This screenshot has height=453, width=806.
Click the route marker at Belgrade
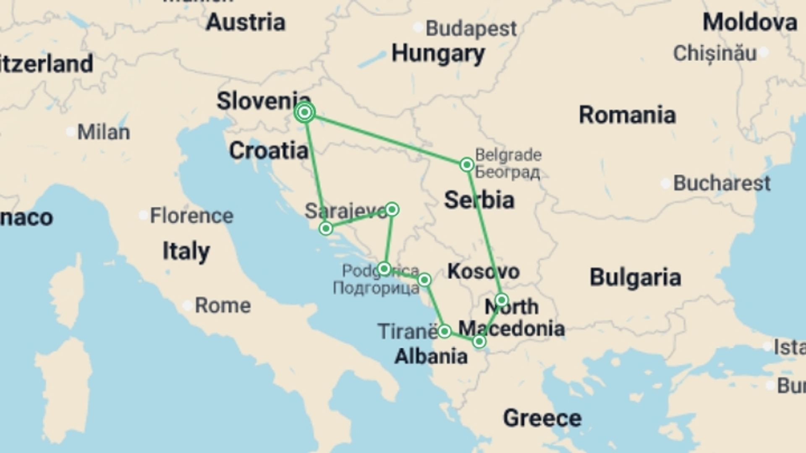coord(467,164)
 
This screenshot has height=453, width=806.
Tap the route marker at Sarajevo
coord(392,209)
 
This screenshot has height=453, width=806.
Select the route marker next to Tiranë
coord(444,331)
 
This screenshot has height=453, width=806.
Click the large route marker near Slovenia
coord(305,112)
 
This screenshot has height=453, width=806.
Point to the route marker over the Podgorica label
coord(384,268)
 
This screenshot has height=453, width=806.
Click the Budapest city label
coord(471,29)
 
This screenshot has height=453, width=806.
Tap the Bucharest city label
coord(722,183)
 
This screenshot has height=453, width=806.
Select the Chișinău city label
coord(715,53)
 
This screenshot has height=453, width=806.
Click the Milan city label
coord(104,132)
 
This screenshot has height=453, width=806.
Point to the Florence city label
coord(191,216)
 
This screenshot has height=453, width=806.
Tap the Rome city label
coord(223,305)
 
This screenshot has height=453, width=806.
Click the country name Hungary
coord(438,54)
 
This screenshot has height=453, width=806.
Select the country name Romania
coord(627,115)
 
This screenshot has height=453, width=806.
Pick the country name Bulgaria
coord(635,277)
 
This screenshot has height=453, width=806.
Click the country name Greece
coord(542,418)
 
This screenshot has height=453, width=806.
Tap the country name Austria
coord(246,22)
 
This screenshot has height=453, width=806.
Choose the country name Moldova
coord(750,22)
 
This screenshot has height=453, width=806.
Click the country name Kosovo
coord(483,271)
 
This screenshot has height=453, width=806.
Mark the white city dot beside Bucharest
coord(665,183)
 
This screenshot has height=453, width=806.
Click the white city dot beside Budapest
coord(418,28)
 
